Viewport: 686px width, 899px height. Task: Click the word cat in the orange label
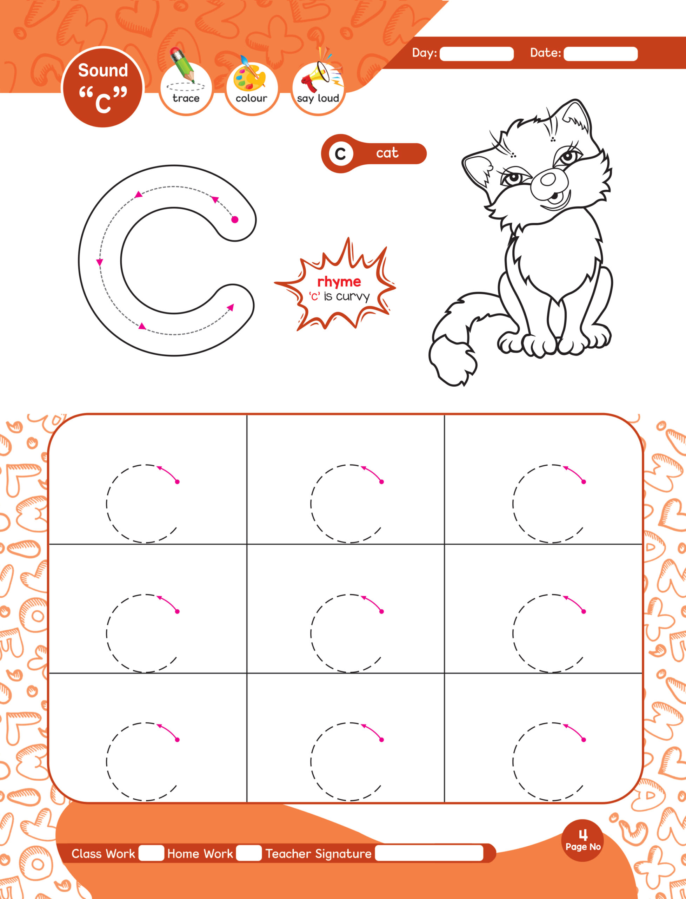[387, 153]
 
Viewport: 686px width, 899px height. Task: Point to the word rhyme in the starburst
[339, 282]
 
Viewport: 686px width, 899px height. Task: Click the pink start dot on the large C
[235, 220]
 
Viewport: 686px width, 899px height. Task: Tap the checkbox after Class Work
[151, 853]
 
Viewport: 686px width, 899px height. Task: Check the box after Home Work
[249, 853]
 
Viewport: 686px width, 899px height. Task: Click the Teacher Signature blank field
[429, 853]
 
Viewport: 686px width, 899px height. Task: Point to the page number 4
[583, 835]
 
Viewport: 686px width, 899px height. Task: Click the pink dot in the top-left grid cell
[177, 482]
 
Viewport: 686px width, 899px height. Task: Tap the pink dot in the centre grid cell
[381, 611]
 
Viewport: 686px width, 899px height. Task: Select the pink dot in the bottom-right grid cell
[584, 740]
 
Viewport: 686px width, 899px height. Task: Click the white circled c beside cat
[340, 154]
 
